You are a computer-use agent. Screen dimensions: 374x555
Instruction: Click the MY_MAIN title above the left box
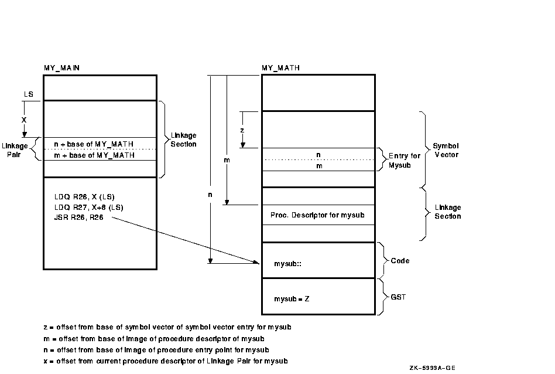(x=61, y=68)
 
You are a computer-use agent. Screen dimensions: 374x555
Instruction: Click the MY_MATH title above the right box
(x=280, y=68)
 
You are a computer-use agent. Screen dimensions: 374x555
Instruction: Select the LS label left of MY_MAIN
(x=28, y=94)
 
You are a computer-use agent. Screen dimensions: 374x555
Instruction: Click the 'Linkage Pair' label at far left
(x=15, y=149)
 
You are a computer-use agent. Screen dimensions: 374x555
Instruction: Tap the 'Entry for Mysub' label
(x=404, y=161)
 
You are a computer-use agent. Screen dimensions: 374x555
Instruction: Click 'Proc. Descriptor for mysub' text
(x=317, y=215)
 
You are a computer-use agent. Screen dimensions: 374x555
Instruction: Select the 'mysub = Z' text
(x=292, y=299)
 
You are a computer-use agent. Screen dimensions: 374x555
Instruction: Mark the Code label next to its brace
(x=400, y=261)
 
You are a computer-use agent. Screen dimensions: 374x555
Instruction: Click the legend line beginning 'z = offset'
(x=167, y=327)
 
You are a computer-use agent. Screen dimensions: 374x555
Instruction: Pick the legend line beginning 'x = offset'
(x=165, y=361)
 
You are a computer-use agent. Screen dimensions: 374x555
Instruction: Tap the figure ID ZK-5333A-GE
(x=433, y=368)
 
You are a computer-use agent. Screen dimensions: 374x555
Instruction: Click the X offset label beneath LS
(x=24, y=119)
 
